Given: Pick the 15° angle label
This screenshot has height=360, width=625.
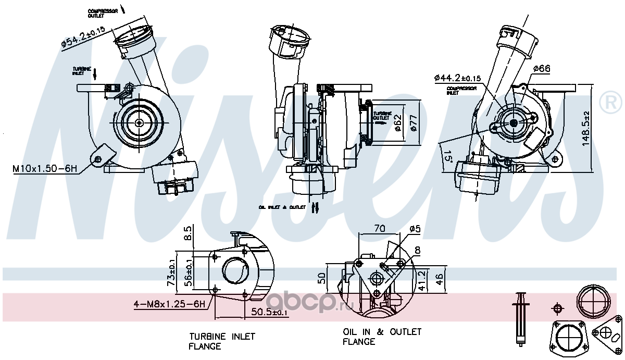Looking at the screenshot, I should [446, 155].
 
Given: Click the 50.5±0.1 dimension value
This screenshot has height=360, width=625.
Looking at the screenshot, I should [269, 312].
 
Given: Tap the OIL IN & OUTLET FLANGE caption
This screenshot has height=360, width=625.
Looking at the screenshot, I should [382, 337].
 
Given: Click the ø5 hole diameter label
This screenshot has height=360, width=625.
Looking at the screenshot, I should [415, 229].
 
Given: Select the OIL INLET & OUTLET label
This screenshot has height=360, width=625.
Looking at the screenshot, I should [282, 207].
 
